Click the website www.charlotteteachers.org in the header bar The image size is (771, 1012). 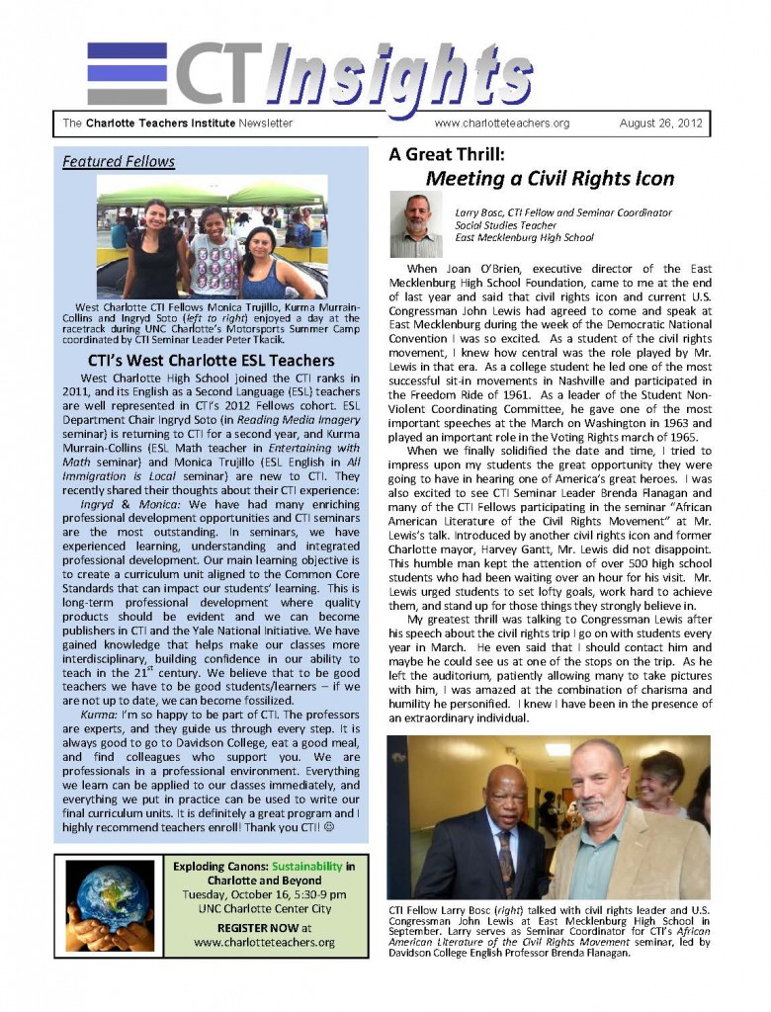tap(501, 124)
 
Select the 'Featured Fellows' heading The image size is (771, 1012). tap(119, 161)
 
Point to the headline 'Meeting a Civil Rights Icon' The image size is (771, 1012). tap(550, 179)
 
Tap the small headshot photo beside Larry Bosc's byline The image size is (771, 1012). tap(415, 224)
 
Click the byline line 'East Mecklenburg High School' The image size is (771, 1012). tap(524, 238)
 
